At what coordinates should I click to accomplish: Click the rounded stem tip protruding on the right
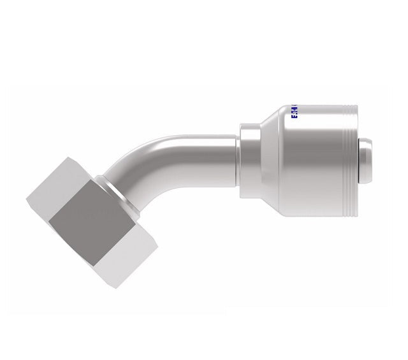(367, 159)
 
